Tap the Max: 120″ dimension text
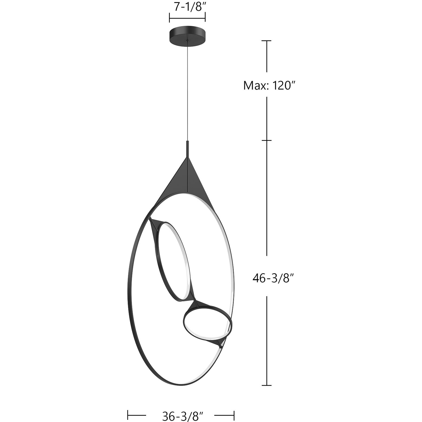269,85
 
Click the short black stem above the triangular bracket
187,149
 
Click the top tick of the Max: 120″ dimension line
267,41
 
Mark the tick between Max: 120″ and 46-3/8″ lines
267,140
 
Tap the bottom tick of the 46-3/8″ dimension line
267,385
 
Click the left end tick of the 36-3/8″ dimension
128,414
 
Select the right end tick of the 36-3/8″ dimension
234,414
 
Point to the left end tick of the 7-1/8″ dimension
169,17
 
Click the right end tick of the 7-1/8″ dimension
205,17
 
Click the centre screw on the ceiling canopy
187,41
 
